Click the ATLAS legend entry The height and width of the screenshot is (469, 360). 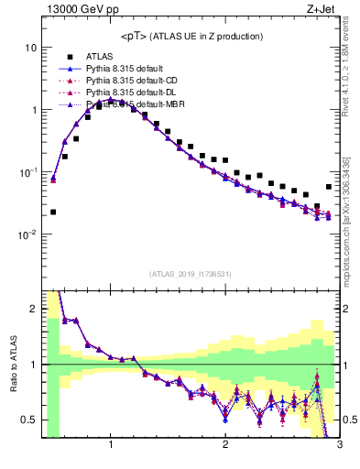[101, 56]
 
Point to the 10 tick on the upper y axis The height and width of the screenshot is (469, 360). [31, 47]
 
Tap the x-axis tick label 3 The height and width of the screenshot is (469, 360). [339, 446]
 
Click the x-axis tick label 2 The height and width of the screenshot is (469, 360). [225, 446]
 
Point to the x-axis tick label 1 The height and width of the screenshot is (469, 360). [111, 446]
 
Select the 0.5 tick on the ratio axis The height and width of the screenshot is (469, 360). [29, 420]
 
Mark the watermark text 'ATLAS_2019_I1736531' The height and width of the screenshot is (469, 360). [190, 274]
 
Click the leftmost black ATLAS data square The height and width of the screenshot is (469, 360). [53, 212]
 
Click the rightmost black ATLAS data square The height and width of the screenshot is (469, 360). [329, 187]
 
